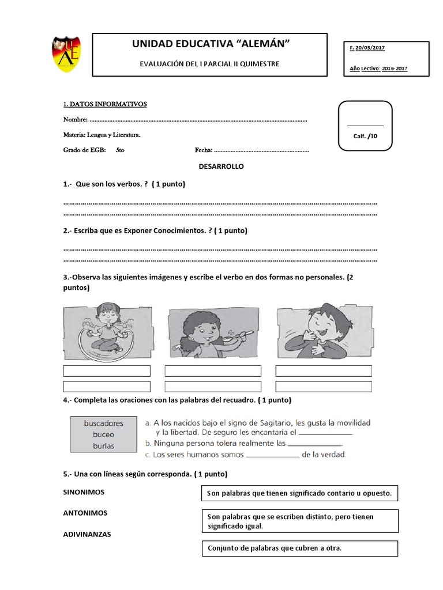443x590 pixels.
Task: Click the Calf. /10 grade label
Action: point(365,136)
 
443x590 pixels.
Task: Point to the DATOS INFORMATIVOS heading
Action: point(104,104)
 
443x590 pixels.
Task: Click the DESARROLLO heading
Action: point(221,167)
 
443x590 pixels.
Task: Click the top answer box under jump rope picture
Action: point(107,370)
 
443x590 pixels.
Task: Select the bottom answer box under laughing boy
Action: point(324,386)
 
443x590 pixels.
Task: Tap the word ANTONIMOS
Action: point(85,513)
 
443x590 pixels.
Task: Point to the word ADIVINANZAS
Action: point(87,534)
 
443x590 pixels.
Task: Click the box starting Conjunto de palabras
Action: point(300,549)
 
